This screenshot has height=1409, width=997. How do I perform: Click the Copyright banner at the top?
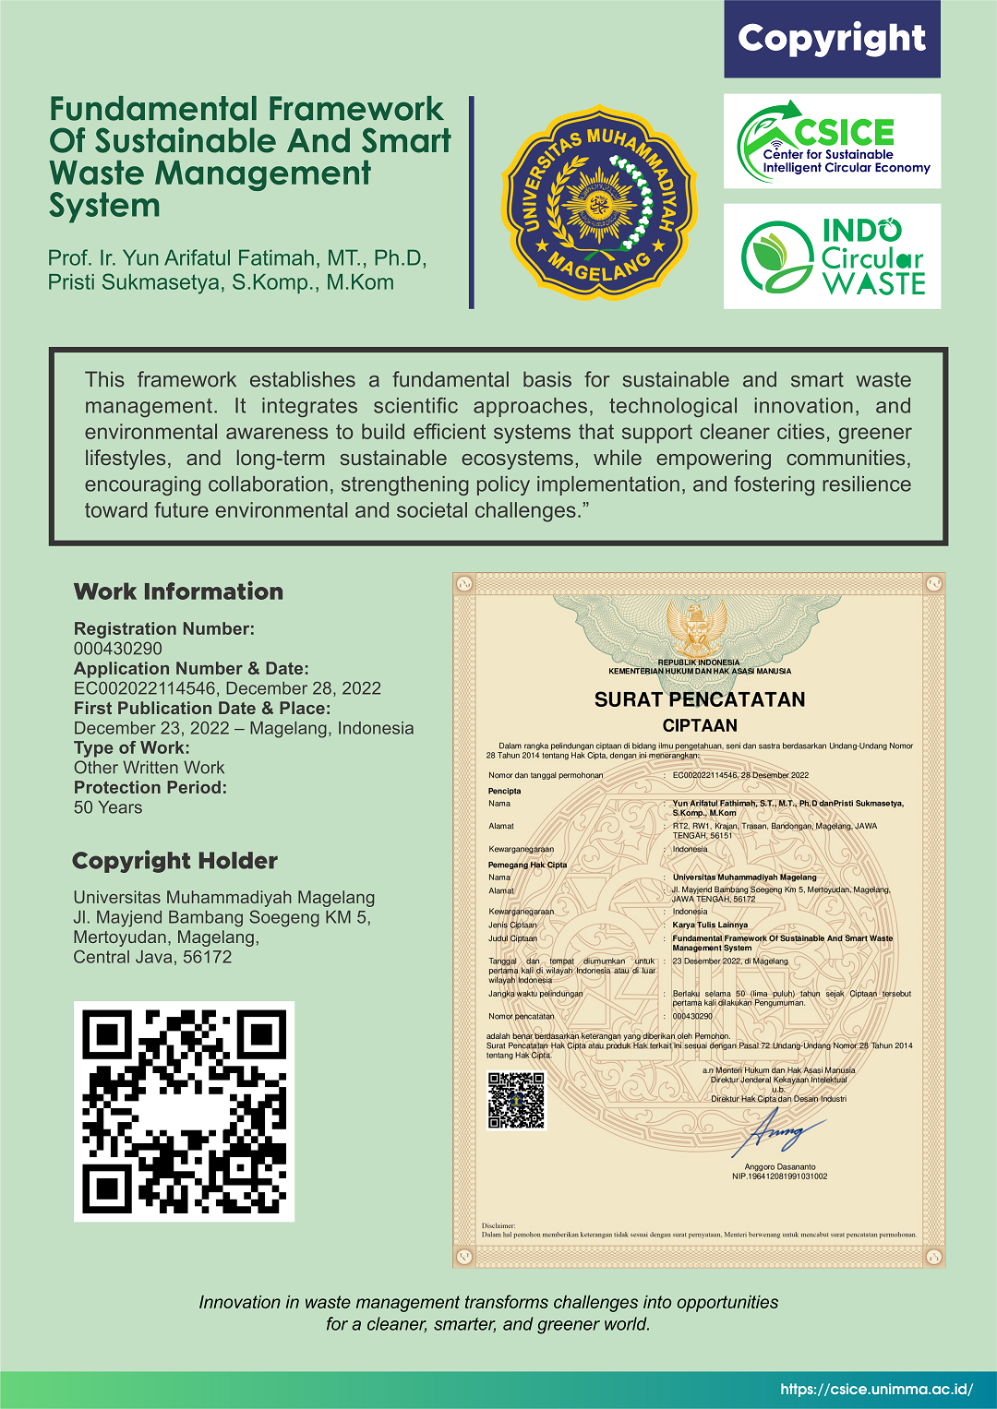(x=832, y=39)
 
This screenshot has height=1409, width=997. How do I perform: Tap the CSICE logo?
(x=832, y=141)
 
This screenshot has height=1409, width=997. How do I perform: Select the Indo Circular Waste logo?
(x=832, y=257)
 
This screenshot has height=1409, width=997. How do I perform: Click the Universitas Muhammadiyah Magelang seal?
(x=599, y=202)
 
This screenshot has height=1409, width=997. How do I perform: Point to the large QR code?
(x=184, y=1111)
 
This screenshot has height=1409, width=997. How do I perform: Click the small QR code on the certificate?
(x=516, y=1100)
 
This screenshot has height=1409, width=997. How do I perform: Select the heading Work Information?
(x=178, y=591)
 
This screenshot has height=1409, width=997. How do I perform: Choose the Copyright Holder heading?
(x=174, y=861)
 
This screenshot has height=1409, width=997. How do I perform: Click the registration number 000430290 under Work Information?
(x=118, y=649)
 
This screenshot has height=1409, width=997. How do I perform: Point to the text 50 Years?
(x=108, y=807)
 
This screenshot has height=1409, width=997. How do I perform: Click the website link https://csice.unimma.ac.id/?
(x=876, y=1389)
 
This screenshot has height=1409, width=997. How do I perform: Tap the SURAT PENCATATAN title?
(x=700, y=699)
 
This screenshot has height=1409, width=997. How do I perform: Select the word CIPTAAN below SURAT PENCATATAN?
(x=700, y=725)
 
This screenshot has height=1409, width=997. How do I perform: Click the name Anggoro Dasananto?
(x=779, y=1166)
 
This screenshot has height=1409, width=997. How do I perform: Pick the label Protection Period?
(x=150, y=787)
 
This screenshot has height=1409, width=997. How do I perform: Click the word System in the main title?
(x=105, y=206)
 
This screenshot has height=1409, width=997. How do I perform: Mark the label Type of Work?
(x=132, y=747)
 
